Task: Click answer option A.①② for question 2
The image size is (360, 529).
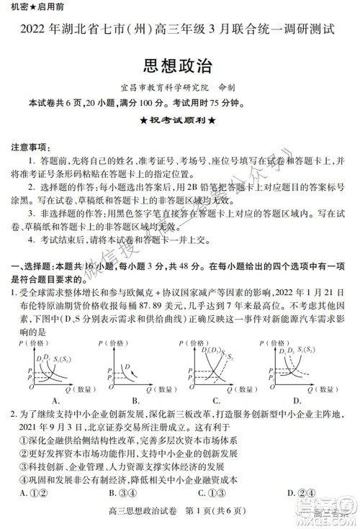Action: [35, 493]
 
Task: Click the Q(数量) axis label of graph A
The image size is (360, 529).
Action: [85, 389]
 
